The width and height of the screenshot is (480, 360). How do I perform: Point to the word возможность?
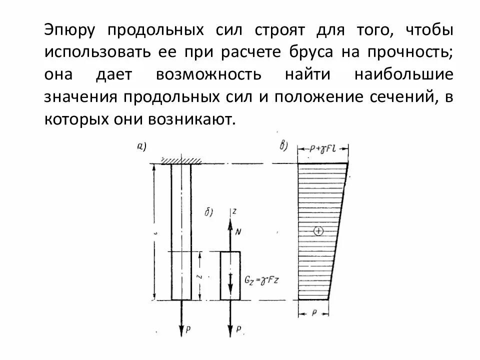pyautogui.click(x=208, y=74)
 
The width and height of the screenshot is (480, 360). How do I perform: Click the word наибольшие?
pyautogui.click(x=404, y=74)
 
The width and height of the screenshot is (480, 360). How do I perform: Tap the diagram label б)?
pyautogui.click(x=209, y=212)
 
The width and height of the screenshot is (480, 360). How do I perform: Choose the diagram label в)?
pyautogui.click(x=283, y=147)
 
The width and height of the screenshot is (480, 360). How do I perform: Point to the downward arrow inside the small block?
pyautogui.click(x=231, y=285)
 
